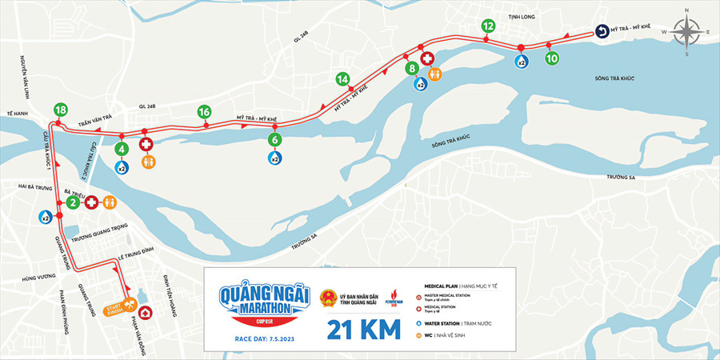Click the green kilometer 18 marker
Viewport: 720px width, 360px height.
click(60, 110)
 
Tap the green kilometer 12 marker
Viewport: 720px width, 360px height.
click(488, 26)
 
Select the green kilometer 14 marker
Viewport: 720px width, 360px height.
click(342, 79)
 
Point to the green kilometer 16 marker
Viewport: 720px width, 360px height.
click(204, 111)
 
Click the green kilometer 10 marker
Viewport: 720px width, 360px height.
click(551, 58)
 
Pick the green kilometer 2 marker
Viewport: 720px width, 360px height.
click(72, 202)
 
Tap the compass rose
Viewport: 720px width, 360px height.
click(687, 32)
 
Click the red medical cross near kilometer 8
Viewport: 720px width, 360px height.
click(427, 59)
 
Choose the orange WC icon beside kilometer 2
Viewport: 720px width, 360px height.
click(110, 202)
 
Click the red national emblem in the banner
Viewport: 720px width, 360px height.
click(328, 300)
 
